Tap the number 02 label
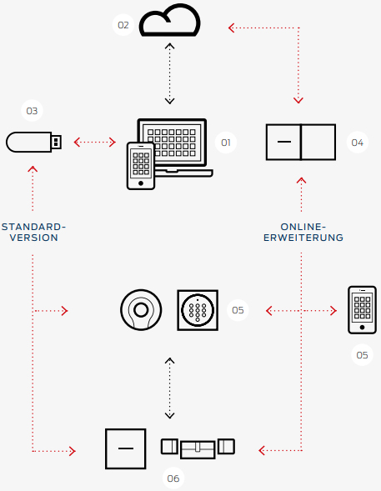(x=123, y=25)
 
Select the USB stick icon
(x=34, y=143)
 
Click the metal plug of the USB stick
(x=57, y=143)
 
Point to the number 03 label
(x=32, y=111)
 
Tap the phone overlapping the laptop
(x=141, y=166)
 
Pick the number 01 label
(x=226, y=143)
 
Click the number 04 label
(x=357, y=143)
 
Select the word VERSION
(x=34, y=238)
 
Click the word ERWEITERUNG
(x=303, y=238)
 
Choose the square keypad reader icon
(x=198, y=310)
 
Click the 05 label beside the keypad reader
(x=238, y=310)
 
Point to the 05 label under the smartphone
(x=362, y=355)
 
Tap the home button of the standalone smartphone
(x=362, y=328)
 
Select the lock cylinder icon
(x=198, y=448)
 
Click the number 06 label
(x=173, y=478)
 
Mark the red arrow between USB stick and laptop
(x=94, y=143)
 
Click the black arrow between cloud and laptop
(x=170, y=73)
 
